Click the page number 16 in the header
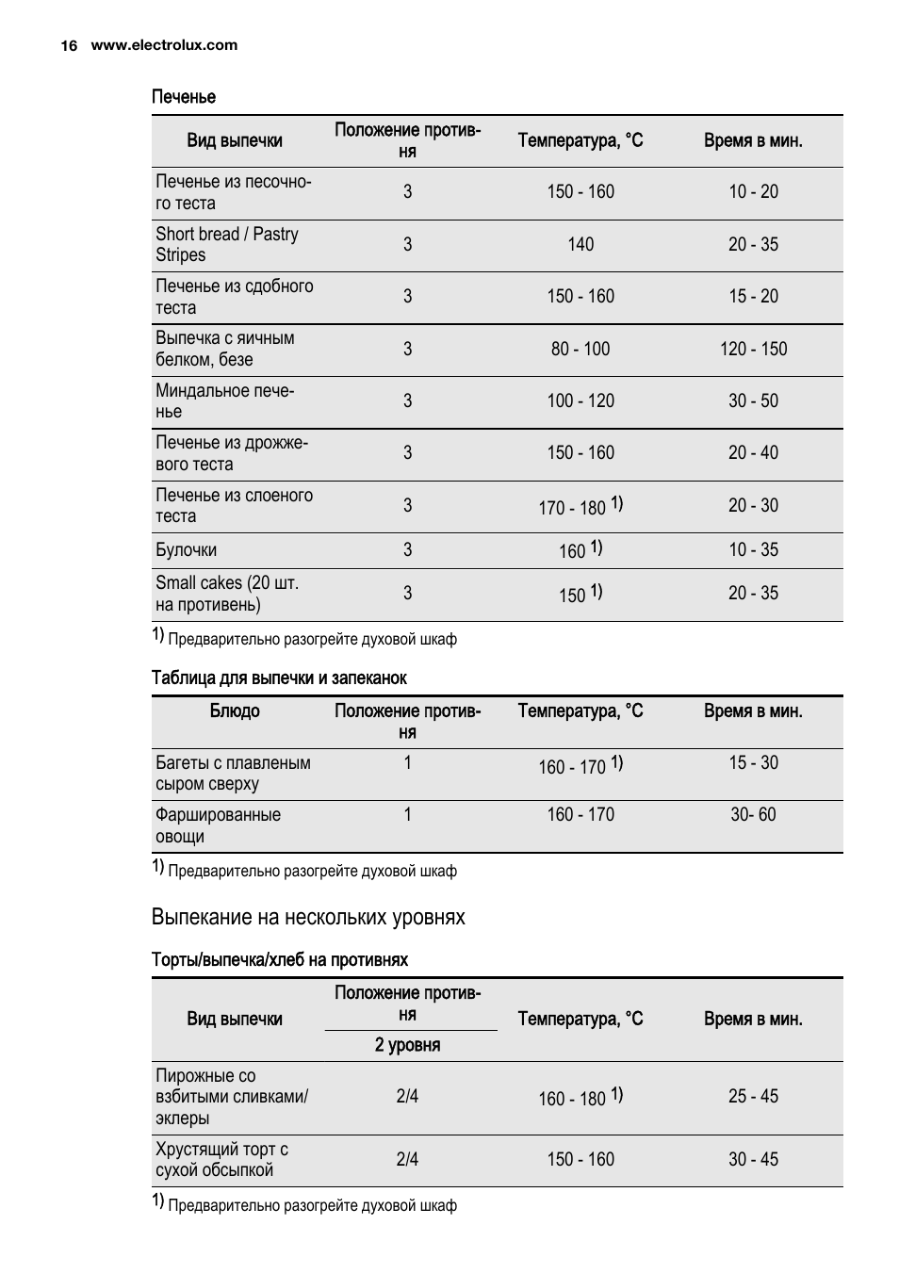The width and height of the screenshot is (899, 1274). coord(69,45)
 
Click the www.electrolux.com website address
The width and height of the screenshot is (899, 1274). coord(164,45)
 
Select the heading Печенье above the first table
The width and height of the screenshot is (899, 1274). coord(184,97)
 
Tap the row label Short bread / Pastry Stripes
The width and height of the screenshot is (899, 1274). coord(226,244)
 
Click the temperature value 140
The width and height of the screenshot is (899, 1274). coord(580,245)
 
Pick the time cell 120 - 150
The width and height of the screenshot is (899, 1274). coord(753,350)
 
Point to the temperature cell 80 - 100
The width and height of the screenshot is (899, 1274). coord(580,350)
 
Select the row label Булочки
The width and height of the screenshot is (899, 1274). coord(187,550)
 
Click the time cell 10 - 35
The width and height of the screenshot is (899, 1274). coord(753,550)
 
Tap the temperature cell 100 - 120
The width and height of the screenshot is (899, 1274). coord(580,401)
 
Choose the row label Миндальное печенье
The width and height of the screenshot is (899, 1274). coord(224,400)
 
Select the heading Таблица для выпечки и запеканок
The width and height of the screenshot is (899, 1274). coord(279,678)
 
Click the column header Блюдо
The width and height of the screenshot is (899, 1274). coord(235,711)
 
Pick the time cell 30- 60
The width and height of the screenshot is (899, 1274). coord(753,815)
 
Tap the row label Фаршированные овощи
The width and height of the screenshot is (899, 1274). coord(218,825)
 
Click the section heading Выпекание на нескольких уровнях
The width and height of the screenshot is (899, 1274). coord(308,918)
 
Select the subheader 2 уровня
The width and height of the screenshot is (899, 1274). coord(407,1045)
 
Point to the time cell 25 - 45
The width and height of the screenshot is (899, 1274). coord(753,1097)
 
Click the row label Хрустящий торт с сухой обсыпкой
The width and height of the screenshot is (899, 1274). coord(221,1160)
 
